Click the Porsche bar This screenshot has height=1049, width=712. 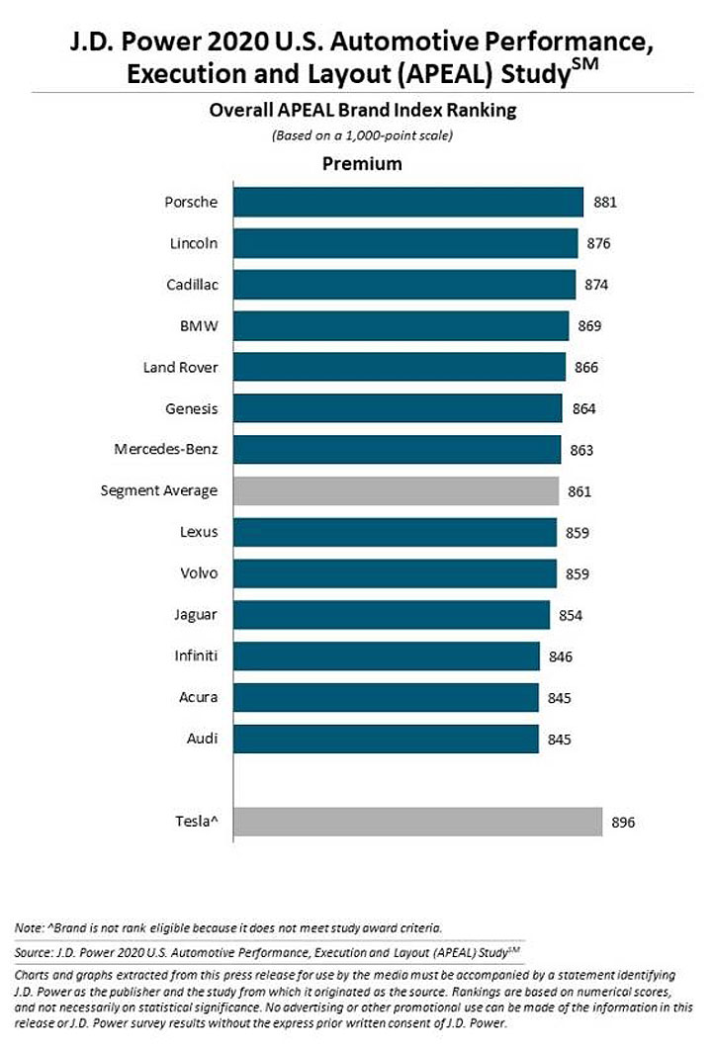(x=408, y=202)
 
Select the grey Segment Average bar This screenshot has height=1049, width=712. (x=397, y=491)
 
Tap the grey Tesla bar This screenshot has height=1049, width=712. (x=418, y=822)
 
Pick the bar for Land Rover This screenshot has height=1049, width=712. (x=400, y=367)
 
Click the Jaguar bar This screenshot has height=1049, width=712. (x=393, y=615)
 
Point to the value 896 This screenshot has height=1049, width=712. (x=623, y=823)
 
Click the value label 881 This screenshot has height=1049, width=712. (x=605, y=202)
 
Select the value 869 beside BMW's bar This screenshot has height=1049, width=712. (x=589, y=326)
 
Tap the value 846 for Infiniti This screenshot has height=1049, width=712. (x=560, y=656)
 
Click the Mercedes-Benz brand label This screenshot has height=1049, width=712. (x=166, y=449)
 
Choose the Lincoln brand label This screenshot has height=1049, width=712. (x=194, y=243)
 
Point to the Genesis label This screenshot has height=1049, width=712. (x=192, y=408)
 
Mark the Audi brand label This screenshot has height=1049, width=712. (x=202, y=739)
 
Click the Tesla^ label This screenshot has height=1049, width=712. (x=197, y=821)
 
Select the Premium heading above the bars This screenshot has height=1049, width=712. (x=362, y=164)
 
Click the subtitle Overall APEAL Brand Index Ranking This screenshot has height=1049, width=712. (x=363, y=111)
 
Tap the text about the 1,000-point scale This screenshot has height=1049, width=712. (x=362, y=135)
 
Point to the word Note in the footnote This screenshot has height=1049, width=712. (x=28, y=928)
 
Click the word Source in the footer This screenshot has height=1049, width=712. (x=32, y=952)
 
